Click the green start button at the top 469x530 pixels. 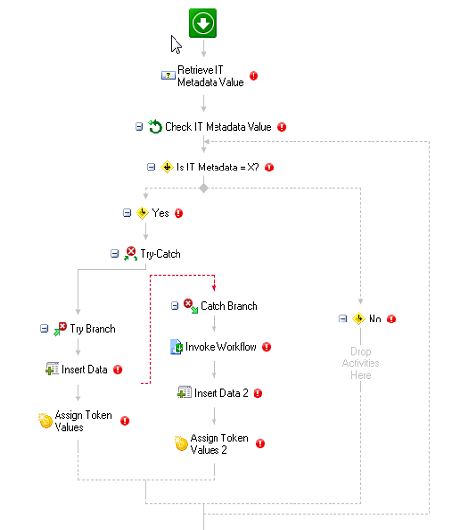point(203,23)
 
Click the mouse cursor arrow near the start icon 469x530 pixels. point(175,44)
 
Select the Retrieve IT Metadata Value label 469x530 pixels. point(211,76)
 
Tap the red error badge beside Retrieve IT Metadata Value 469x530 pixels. point(254,76)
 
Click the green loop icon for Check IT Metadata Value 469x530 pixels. point(155,127)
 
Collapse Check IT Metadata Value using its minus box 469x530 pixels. point(139,127)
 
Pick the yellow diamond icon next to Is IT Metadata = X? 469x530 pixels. point(167,167)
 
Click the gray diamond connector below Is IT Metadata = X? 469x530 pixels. point(204,188)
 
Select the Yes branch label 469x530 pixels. point(160,213)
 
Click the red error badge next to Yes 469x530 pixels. point(178,213)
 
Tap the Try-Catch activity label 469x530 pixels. point(161,254)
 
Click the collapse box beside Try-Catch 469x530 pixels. point(115,254)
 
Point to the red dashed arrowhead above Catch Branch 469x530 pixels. point(214,288)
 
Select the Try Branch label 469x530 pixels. point(93,329)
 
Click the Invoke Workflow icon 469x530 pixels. point(176,347)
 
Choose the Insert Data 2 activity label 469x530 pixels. point(221,393)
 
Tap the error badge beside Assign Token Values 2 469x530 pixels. point(260,444)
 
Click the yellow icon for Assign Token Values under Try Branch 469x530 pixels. point(45,421)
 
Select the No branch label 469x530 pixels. point(375,319)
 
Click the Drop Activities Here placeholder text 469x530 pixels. point(361,363)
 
